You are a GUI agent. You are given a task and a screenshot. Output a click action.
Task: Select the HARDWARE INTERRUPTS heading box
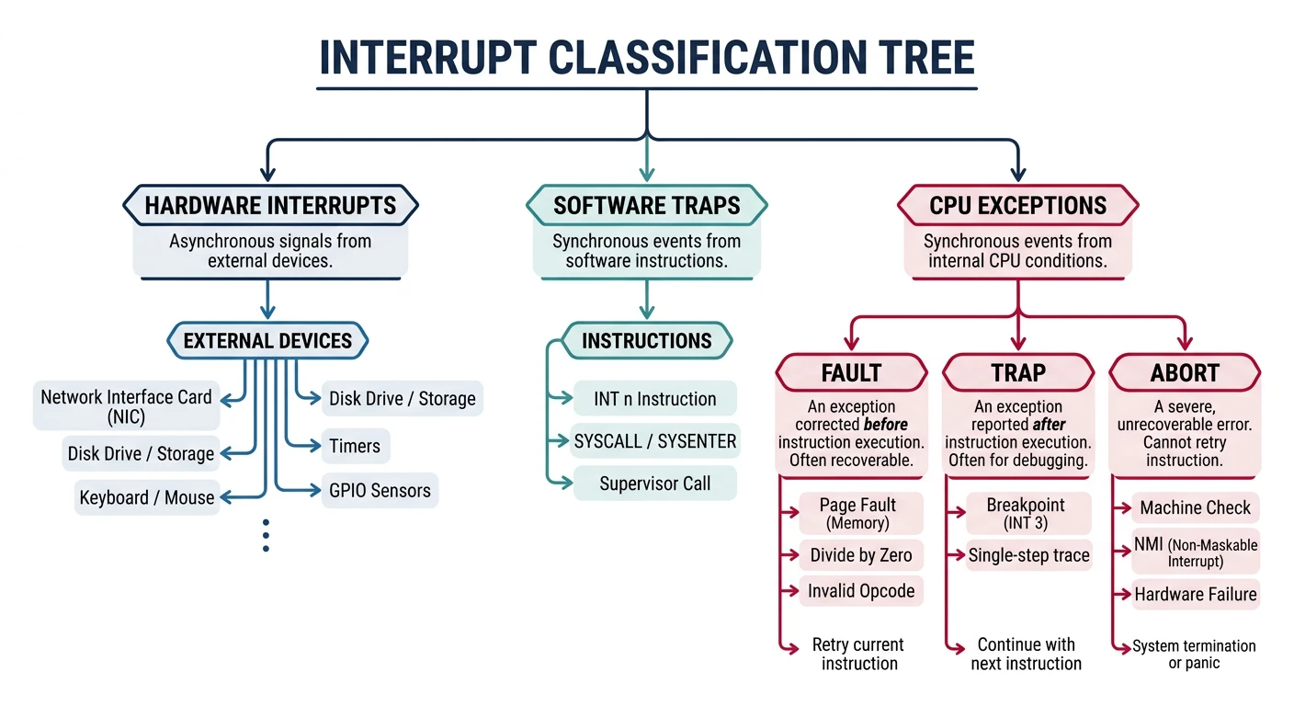click(270, 205)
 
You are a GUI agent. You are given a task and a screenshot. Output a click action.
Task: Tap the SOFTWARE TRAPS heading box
click(646, 205)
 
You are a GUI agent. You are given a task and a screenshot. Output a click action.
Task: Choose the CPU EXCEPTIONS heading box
click(1017, 205)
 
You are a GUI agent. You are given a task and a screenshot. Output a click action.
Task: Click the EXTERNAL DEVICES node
click(267, 341)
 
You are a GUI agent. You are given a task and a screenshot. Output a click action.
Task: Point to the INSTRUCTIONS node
click(646, 341)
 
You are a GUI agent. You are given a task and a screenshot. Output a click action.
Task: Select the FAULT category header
click(851, 373)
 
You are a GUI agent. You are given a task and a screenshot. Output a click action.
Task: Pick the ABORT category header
click(1185, 373)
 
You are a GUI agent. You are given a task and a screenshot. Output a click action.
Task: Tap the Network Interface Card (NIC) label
click(126, 406)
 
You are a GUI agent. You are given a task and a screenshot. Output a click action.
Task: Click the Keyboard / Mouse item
click(147, 497)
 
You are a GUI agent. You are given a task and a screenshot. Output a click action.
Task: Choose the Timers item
click(354, 447)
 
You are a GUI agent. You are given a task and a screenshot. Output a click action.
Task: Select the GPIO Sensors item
click(380, 491)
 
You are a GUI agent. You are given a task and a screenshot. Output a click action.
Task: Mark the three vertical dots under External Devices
click(266, 535)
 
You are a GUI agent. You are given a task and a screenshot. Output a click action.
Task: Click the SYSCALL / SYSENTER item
click(655, 441)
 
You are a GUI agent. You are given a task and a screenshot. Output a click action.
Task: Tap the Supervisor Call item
click(655, 484)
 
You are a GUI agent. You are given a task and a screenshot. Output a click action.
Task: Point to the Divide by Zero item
click(861, 555)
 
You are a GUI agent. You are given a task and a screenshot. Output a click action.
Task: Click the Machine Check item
click(1196, 507)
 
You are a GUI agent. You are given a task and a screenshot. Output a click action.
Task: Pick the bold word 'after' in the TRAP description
click(1049, 425)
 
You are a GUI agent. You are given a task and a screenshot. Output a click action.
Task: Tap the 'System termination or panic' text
click(1194, 655)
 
